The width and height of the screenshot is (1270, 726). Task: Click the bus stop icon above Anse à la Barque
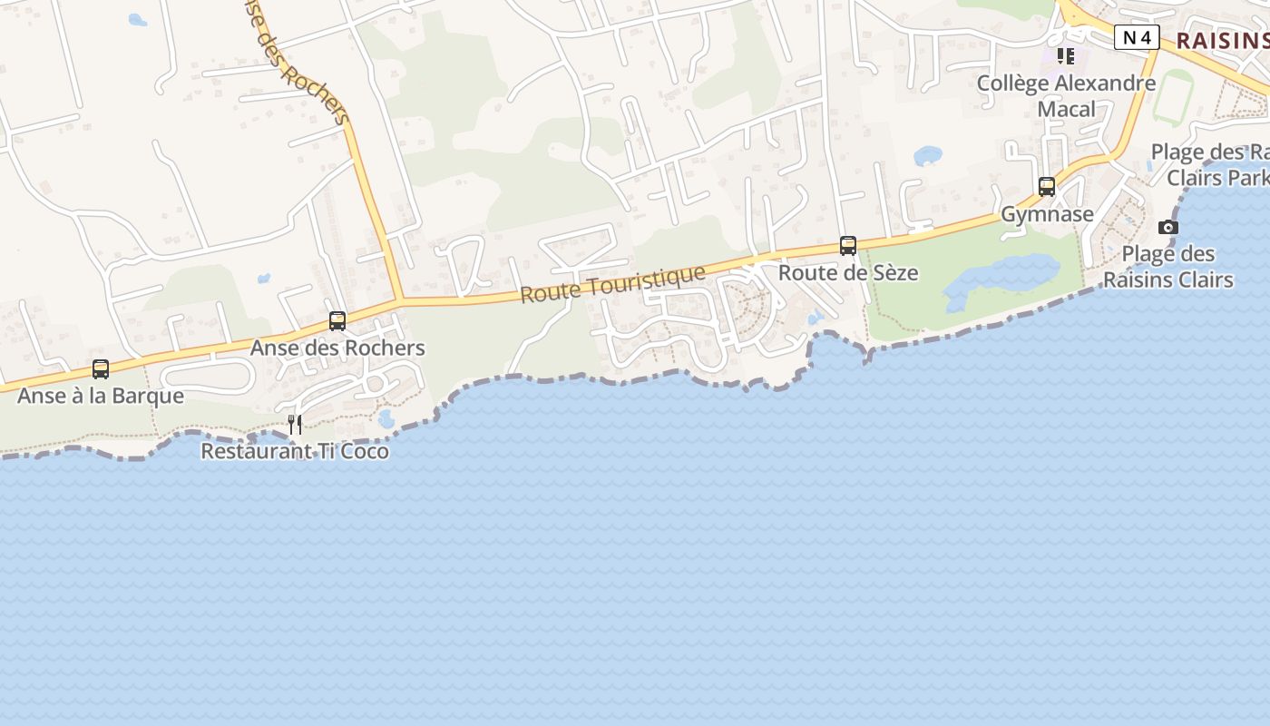coord(101,369)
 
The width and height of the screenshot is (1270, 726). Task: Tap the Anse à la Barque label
coord(101,396)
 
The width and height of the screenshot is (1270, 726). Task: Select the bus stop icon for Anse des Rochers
coord(337,320)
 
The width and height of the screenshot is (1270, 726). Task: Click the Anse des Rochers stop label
coord(337,348)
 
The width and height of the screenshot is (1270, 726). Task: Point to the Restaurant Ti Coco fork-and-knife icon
coord(295,424)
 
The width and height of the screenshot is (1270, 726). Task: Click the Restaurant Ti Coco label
coord(295,451)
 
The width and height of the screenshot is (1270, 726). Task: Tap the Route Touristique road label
coord(613,284)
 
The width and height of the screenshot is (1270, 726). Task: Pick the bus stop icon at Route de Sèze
coord(848,246)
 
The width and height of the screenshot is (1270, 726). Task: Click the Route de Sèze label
coord(848,272)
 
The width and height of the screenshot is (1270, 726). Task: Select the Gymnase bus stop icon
coord(1047,187)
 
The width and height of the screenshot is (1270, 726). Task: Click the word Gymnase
coord(1047,214)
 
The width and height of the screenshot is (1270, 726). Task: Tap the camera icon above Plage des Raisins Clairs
coord(1168,227)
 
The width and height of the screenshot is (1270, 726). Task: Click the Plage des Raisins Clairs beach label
coord(1168,266)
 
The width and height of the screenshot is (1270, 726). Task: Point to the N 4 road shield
coord(1137,37)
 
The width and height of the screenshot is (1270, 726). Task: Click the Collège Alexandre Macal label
coord(1067,96)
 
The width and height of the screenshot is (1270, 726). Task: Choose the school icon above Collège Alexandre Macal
coord(1066,56)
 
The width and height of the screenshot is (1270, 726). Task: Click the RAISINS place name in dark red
coord(1221,40)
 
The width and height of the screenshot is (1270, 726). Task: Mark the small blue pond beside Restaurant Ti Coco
coord(386,418)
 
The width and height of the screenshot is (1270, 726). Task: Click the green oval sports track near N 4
coord(1172,96)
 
